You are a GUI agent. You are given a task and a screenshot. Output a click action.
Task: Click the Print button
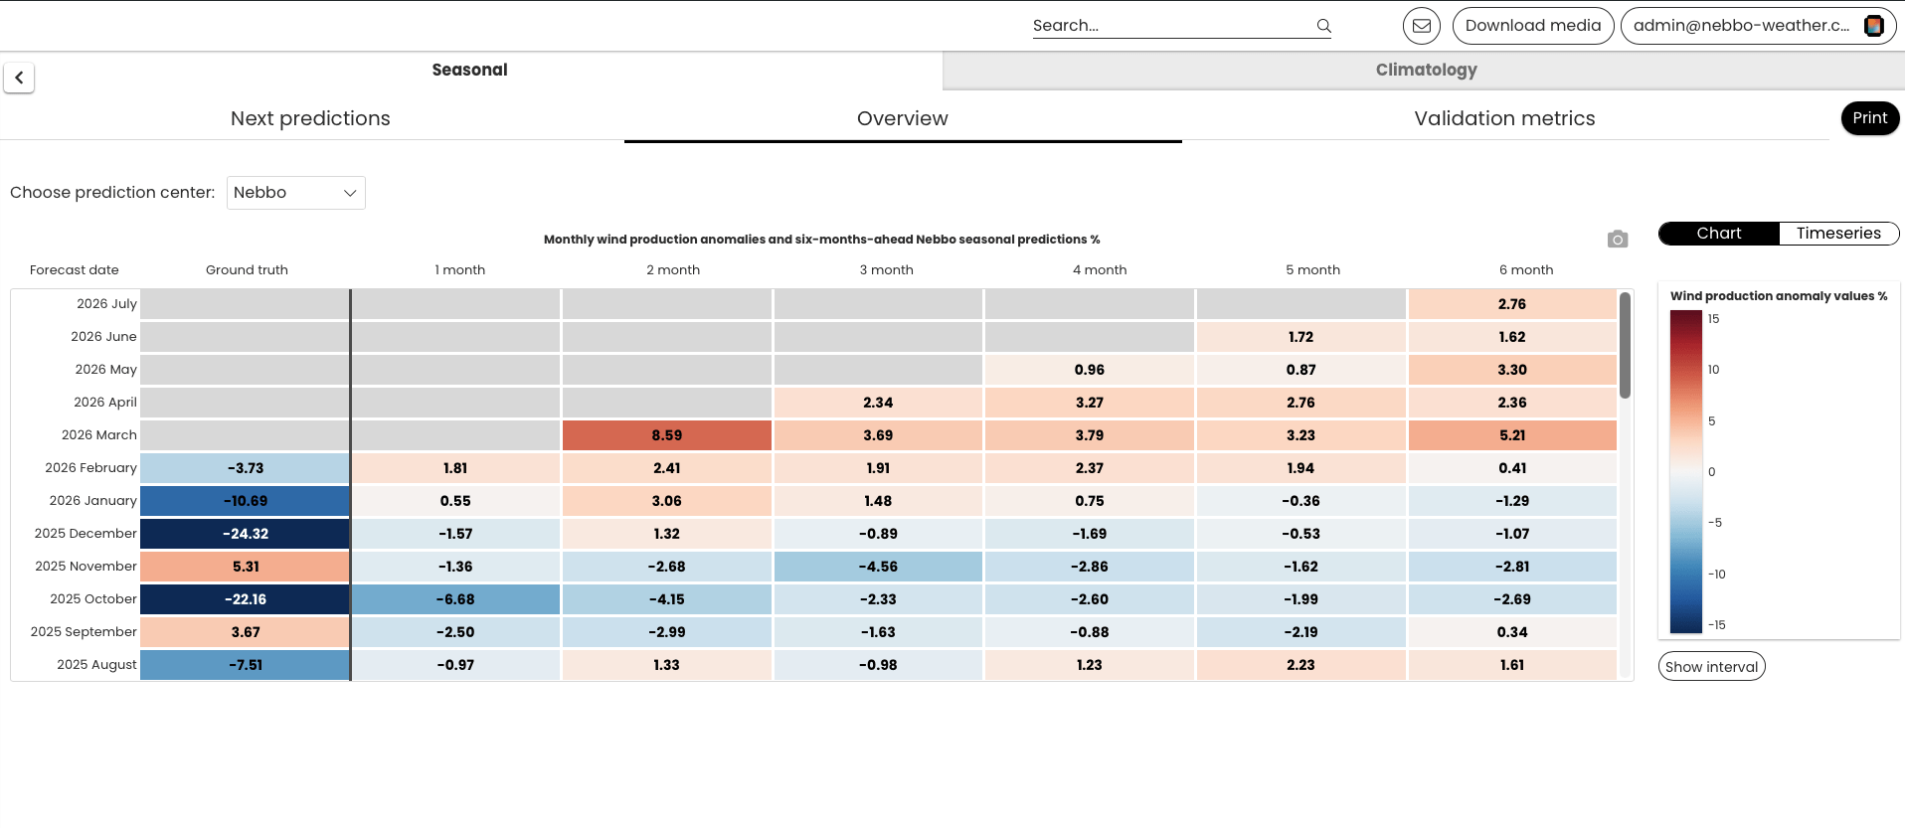tap(1869, 118)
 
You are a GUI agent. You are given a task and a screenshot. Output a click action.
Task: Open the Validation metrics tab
tap(1504, 118)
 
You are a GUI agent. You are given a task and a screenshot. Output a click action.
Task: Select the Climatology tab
tap(1426, 70)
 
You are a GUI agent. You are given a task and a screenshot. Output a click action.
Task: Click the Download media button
tap(1532, 26)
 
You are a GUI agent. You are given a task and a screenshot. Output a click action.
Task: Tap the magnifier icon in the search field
tap(1323, 26)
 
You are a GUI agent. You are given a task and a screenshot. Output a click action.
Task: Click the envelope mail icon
tap(1422, 26)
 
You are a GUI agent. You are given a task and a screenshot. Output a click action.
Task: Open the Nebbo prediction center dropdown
tap(296, 193)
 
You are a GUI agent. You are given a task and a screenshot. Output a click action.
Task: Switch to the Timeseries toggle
tap(1838, 234)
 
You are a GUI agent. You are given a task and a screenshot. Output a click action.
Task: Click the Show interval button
tap(1711, 667)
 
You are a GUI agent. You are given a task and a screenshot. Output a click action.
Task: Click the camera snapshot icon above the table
tap(1618, 240)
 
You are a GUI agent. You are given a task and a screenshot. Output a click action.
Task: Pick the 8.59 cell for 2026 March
tap(667, 435)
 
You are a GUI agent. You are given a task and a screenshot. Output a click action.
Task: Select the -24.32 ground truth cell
tap(245, 534)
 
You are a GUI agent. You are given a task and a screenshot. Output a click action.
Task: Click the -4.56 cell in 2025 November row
tap(878, 567)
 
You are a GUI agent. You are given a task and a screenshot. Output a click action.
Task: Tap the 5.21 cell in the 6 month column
tap(1512, 435)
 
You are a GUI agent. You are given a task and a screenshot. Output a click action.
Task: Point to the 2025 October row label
tap(93, 599)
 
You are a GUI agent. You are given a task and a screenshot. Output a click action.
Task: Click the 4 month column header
tap(1100, 270)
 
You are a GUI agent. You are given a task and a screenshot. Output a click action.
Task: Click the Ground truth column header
tap(247, 270)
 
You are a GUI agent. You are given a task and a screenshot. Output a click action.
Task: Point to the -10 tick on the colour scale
tap(1716, 575)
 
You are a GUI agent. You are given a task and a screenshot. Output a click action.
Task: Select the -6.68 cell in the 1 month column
tap(455, 599)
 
